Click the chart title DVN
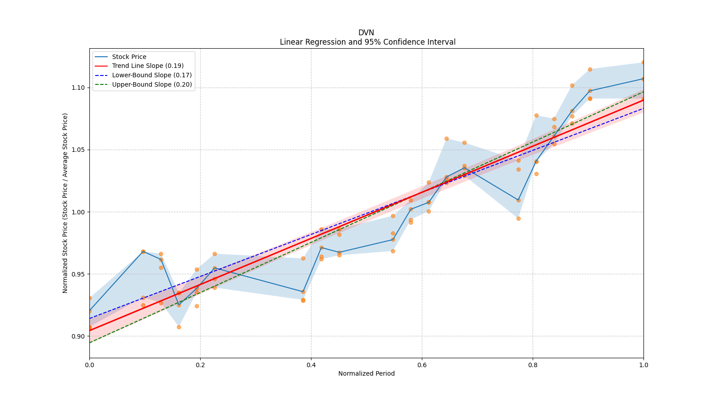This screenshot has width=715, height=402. pos(366,33)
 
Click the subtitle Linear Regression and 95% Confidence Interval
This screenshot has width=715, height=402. pos(367,42)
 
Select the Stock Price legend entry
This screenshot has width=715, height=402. pos(129,57)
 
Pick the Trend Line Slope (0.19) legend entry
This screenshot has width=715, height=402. pos(147,66)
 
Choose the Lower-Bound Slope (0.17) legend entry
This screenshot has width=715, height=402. pos(151,75)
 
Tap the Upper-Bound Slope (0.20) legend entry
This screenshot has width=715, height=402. pos(152,84)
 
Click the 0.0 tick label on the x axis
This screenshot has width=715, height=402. pos(89,365)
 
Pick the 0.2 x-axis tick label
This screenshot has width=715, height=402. pos(200,365)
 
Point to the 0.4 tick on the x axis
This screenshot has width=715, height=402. pos(311,365)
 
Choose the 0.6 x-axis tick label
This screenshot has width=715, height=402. pos(422,365)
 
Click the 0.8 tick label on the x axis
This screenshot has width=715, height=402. pos(533,365)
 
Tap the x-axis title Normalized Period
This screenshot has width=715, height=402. pos(366,373)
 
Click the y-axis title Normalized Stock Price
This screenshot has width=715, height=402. pos(65,203)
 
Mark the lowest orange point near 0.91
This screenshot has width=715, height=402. pos(179,327)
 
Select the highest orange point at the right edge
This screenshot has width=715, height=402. pos(643,63)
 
